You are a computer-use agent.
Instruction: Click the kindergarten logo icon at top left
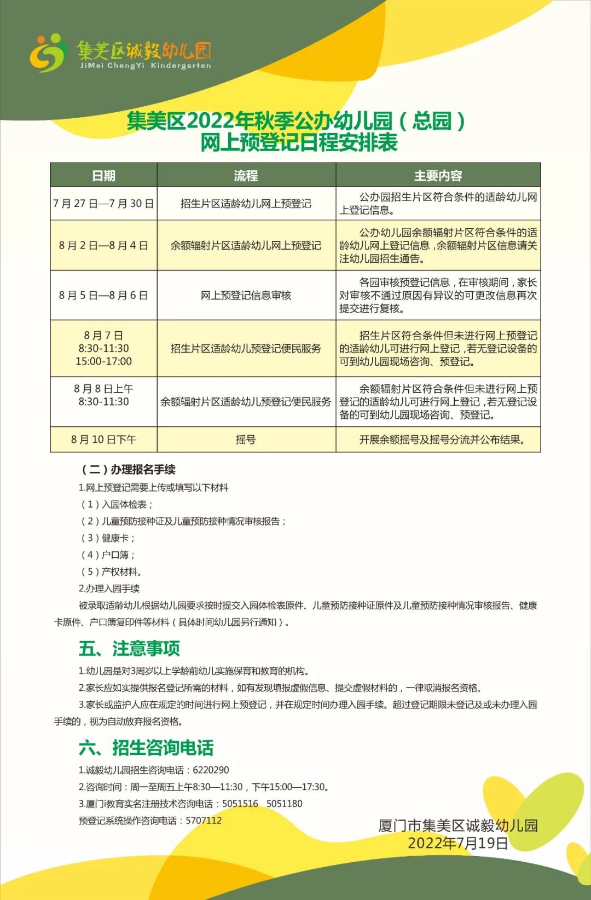pos(48,53)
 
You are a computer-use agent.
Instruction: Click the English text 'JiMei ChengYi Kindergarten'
pos(145,66)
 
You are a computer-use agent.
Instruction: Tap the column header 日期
pos(103,176)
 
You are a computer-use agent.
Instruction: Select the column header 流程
pos(246,176)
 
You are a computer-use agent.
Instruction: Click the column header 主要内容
pos(438,176)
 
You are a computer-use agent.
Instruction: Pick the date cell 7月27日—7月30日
pos(103,204)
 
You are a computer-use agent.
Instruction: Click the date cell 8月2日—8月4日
pos(103,245)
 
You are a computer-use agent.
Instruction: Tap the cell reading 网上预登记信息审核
pos(246,296)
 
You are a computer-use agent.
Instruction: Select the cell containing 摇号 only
pos(246,440)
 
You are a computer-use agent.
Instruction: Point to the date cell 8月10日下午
pos(103,440)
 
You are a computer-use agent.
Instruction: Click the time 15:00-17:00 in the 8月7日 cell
pos(103,361)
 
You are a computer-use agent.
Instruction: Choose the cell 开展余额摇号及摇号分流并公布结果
pos(442,440)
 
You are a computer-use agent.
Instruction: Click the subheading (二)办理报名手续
pos(128,470)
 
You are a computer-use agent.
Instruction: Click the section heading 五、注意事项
pos(129,649)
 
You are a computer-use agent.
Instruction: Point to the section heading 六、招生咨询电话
pos(146,748)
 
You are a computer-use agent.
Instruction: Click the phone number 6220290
pos(211,770)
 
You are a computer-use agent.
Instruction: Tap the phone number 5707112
pos(204,821)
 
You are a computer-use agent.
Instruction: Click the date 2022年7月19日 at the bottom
pos(457,843)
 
